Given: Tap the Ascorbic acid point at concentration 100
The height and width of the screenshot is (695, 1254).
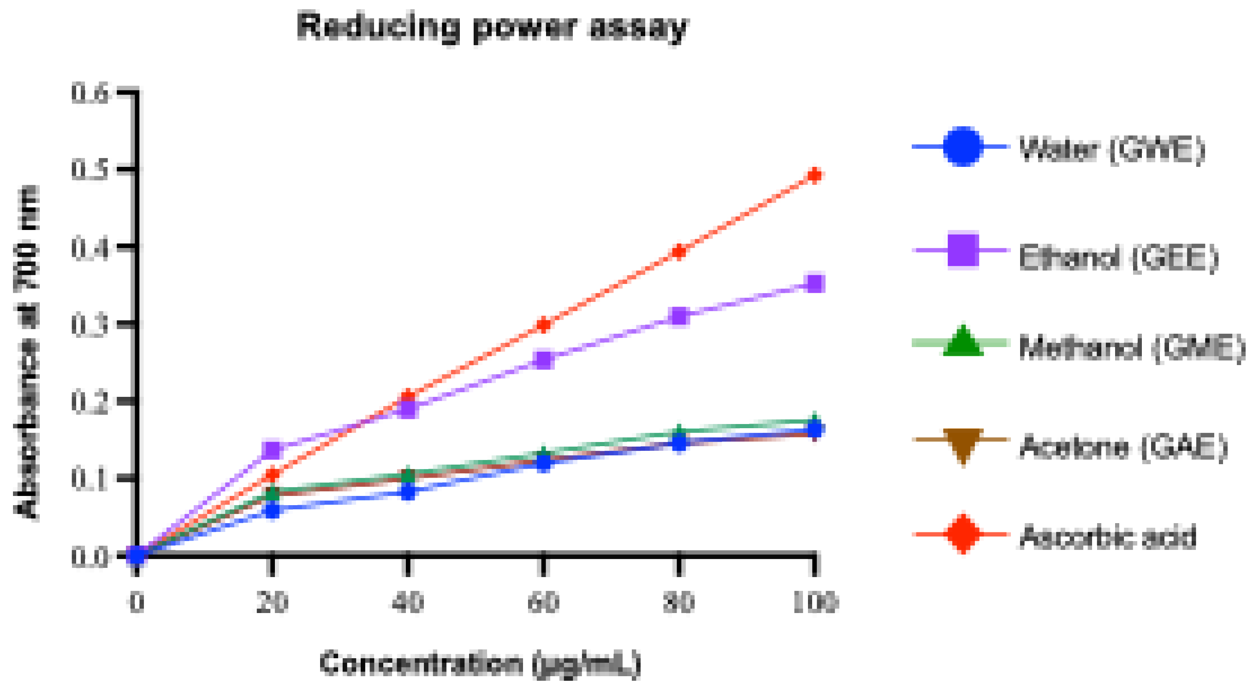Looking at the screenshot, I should click(814, 175).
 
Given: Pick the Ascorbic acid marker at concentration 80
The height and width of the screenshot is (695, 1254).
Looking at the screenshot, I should click(679, 251).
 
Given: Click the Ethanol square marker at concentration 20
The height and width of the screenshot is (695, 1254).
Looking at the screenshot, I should click(273, 450).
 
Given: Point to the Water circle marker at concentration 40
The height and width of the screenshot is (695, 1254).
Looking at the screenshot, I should click(408, 492).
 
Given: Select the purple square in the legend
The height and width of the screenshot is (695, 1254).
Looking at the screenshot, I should click(962, 250).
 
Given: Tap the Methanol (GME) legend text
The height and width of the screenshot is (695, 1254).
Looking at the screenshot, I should click(1131, 348).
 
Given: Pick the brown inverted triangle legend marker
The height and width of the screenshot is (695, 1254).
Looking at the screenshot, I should click(962, 445).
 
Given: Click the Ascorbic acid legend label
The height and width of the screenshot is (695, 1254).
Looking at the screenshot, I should click(1107, 537).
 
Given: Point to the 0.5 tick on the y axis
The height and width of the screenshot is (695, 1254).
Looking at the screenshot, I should click(90, 170).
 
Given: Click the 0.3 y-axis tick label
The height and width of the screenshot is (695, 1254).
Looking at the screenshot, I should click(90, 325).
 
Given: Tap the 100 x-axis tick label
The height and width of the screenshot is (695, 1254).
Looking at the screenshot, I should click(814, 603).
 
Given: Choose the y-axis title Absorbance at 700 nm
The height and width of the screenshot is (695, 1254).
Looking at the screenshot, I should click(27, 353).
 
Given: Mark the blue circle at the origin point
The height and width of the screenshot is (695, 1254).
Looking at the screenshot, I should click(137, 555).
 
